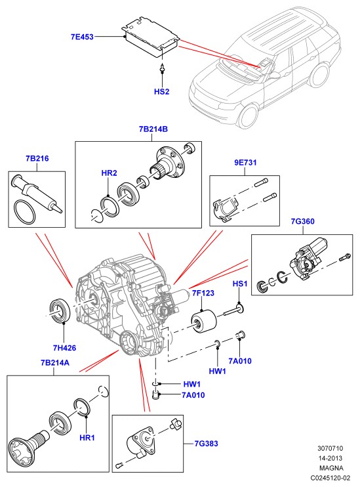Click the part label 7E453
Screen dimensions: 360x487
pyautogui.click(x=82, y=37)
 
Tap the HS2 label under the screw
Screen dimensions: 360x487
pyautogui.click(x=162, y=92)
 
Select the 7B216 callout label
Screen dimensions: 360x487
pyautogui.click(x=37, y=158)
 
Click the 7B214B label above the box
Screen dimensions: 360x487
pyautogui.click(x=153, y=129)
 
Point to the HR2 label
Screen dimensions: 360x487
pyautogui.click(x=110, y=173)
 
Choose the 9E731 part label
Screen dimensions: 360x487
pyautogui.click(x=245, y=162)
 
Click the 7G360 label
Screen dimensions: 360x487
pyautogui.click(x=302, y=221)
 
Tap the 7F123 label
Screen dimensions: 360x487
pyautogui.click(x=203, y=293)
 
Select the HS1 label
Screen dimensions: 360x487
pyautogui.click(x=240, y=284)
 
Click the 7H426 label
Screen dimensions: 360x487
pyautogui.click(x=64, y=348)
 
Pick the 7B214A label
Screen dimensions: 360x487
pyautogui.click(x=55, y=363)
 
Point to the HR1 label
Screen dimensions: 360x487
pyautogui.click(x=87, y=438)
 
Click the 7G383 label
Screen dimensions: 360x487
pyautogui.click(x=207, y=444)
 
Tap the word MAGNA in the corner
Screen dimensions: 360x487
pyautogui.click(x=331, y=468)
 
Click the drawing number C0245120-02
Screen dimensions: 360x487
pyautogui.click(x=331, y=478)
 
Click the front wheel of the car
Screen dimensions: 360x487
pyautogui.click(x=249, y=117)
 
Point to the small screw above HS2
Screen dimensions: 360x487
pyautogui.click(x=162, y=69)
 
